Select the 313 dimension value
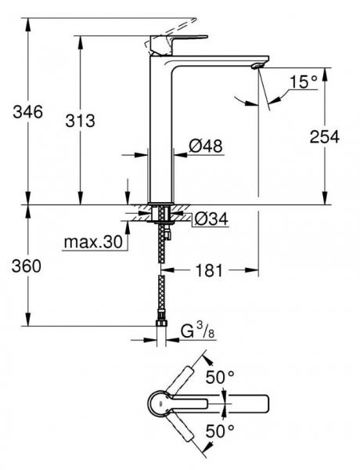point(79,121)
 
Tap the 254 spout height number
point(322,136)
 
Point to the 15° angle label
point(304,81)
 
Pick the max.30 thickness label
point(94,243)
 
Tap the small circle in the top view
point(160,405)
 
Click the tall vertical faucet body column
point(161,133)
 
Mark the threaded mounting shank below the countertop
point(163,215)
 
